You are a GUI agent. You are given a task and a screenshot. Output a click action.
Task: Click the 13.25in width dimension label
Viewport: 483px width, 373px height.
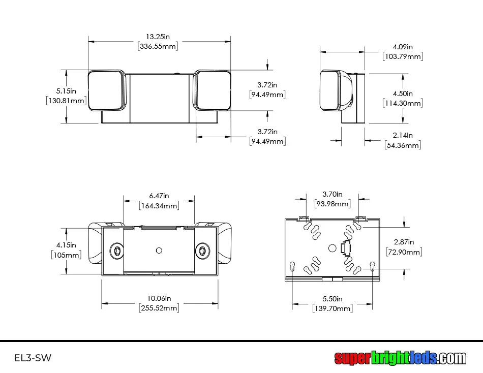click(158, 37)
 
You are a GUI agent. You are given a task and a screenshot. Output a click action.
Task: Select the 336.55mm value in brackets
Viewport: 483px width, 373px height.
click(158, 47)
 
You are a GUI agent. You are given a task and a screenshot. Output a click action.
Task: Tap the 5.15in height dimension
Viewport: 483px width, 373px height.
click(66, 91)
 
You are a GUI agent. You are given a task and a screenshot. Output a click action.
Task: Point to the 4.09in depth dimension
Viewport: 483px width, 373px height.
click(403, 47)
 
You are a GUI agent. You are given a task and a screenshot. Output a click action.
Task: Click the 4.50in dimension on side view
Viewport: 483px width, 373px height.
click(403, 94)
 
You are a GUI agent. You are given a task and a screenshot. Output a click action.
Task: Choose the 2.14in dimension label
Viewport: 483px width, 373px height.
click(403, 135)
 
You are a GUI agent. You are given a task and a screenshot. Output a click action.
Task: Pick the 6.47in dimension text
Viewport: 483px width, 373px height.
click(159, 196)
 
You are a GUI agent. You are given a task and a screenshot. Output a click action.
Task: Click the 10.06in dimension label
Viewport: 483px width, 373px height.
click(159, 298)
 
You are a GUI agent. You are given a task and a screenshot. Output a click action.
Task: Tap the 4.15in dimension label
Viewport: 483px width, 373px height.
click(66, 245)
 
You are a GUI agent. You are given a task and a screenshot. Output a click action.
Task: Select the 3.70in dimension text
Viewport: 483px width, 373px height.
click(333, 194)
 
